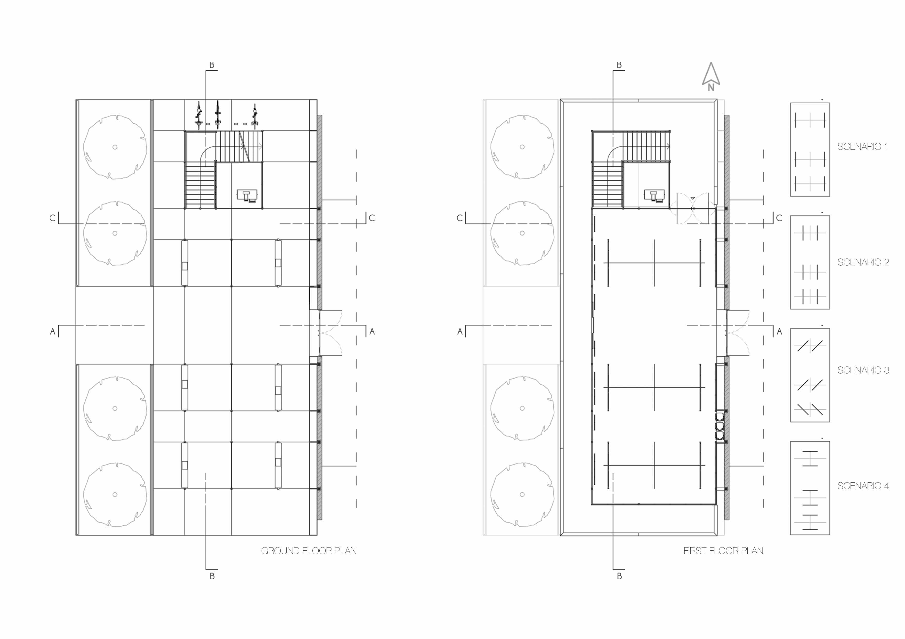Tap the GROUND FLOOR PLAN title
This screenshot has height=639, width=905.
point(309,551)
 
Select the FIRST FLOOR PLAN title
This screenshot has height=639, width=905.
point(723,551)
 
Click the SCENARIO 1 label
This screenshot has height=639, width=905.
point(863,146)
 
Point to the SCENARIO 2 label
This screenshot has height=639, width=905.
point(863,262)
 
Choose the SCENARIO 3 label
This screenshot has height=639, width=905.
point(863,370)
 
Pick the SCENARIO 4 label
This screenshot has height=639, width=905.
point(863,486)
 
